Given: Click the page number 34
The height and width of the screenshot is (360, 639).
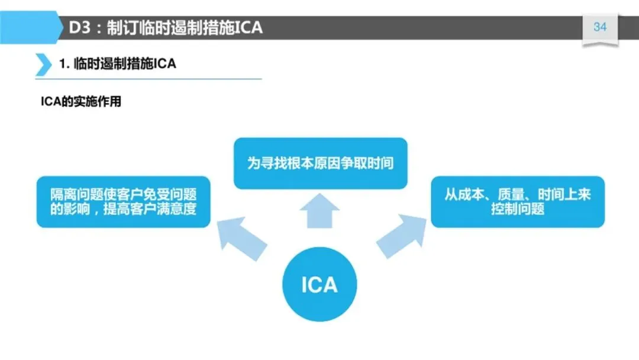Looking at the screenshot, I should point(600,27).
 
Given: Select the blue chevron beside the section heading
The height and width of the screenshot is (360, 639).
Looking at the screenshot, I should point(43,64).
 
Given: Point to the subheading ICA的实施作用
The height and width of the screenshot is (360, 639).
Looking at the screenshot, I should point(80,101).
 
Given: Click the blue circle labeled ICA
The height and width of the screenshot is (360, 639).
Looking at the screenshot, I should point(319,285).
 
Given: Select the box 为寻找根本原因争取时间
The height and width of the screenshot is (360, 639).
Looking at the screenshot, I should point(320,163).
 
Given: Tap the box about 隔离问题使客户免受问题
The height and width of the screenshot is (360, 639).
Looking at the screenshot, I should point(124,201).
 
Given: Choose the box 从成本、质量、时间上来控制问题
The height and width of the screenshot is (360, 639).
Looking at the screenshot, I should point(518,201).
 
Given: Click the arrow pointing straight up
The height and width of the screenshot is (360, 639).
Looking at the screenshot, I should point(319,211).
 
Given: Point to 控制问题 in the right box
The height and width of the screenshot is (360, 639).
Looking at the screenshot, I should point(518,209).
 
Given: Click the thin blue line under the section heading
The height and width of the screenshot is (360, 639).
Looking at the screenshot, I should point(148,79).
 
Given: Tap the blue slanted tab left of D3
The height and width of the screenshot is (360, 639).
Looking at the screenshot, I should point(30,27).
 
